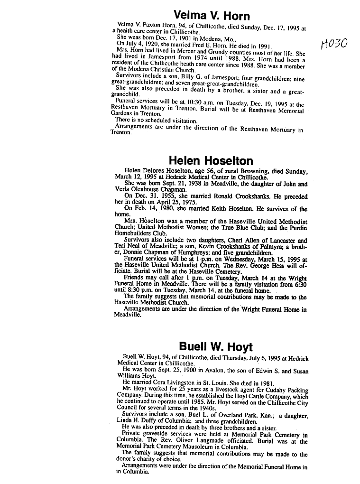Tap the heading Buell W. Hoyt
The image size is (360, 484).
pos(216,346)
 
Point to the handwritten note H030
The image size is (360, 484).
pos(334,45)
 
